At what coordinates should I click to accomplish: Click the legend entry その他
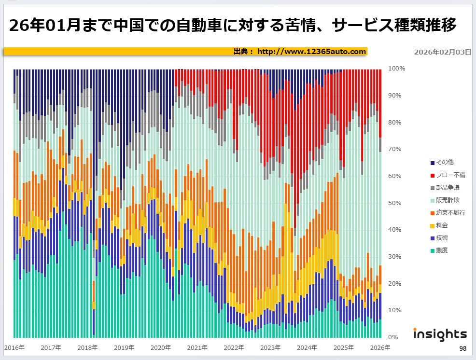[443, 163]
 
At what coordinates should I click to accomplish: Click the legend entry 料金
[440, 225]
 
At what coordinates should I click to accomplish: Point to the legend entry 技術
[440, 238]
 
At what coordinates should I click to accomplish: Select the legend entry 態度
[440, 250]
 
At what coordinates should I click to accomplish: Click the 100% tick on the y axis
[396, 69]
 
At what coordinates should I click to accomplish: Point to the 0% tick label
[393, 337]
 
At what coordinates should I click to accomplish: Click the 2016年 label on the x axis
[14, 347]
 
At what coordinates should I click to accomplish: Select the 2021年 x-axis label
[197, 347]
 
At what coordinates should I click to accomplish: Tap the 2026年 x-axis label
[380, 347]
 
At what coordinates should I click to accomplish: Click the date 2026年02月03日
[442, 52]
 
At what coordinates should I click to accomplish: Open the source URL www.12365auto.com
[311, 51]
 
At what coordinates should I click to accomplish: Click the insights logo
[440, 334]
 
